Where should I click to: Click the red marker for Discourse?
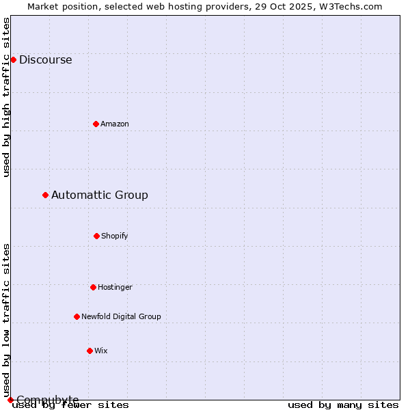point(13,59)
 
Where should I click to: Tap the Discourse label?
point(45,59)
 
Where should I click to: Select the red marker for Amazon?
point(96,124)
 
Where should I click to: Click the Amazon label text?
point(114,124)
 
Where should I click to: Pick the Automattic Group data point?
point(45,195)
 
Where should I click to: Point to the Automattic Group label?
point(99,195)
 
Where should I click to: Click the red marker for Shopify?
point(96,236)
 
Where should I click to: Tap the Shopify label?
point(114,236)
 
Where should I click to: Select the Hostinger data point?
point(93,287)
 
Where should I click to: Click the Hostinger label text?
point(115,287)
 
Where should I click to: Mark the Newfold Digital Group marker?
point(77,316)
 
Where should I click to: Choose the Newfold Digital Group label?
point(121,316)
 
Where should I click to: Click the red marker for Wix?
point(90,351)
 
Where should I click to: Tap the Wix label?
point(100,351)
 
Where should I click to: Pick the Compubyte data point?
point(10,400)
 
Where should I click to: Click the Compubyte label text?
point(47,400)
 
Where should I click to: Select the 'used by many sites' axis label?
point(343,405)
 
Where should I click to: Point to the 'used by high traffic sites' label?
point(6,97)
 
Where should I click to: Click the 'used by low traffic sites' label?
point(6,320)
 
